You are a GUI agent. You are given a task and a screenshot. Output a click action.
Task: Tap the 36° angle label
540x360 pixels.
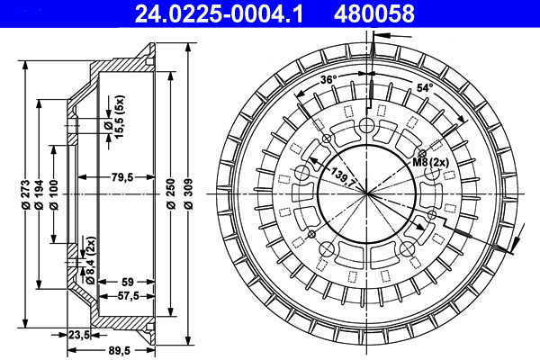[328, 81]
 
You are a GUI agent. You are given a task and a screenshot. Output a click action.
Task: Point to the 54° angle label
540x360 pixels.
[425, 88]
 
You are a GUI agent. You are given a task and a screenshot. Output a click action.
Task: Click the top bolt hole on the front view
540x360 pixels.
[368, 126]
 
